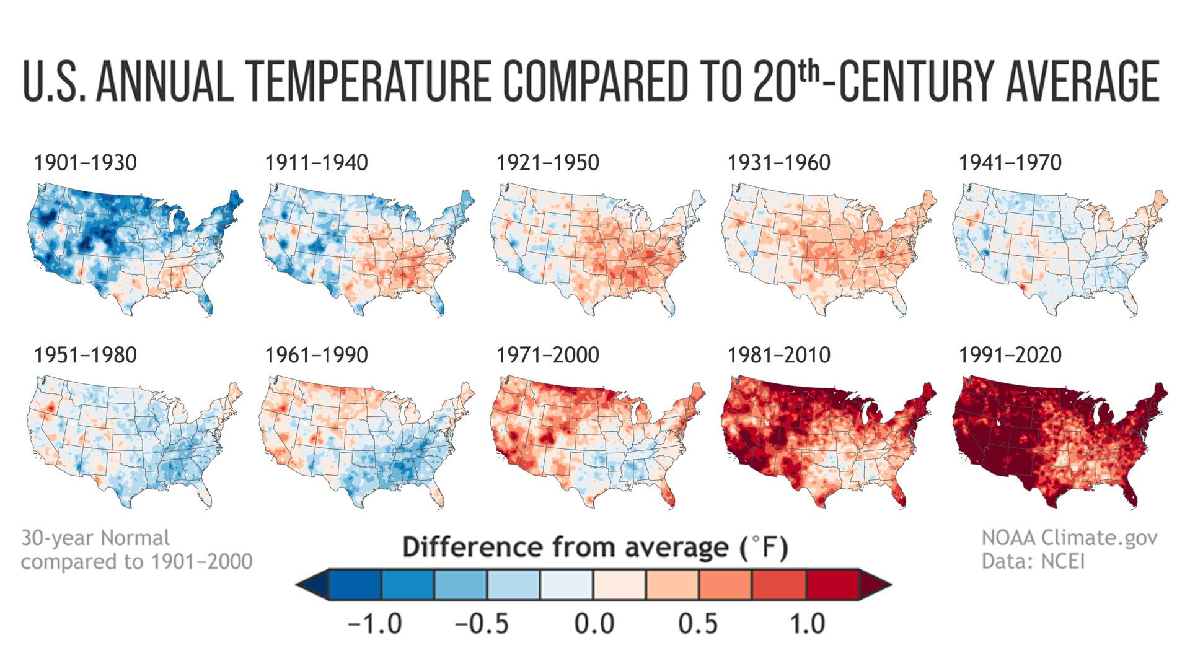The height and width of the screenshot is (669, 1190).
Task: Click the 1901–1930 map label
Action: (85, 163)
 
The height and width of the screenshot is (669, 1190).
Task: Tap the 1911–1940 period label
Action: (316, 163)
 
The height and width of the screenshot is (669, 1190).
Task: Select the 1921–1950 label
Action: (547, 163)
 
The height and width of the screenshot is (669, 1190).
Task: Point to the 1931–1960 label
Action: (778, 163)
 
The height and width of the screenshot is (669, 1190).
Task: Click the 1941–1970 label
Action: (1010, 163)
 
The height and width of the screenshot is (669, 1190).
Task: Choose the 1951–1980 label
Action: (85, 355)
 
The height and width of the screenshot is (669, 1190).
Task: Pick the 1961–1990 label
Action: (316, 355)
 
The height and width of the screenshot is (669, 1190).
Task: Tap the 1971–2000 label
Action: (547, 355)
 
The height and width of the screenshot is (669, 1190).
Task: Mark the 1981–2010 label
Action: (778, 355)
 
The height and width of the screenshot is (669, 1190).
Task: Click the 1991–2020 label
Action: (1010, 355)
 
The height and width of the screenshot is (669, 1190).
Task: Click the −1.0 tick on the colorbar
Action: (375, 623)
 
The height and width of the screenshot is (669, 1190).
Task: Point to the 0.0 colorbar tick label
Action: (594, 623)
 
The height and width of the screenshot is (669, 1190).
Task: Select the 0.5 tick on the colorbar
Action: (698, 623)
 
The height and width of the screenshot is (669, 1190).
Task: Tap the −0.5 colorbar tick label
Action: (482, 623)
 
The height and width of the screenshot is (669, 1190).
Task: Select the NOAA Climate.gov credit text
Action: (1069, 537)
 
